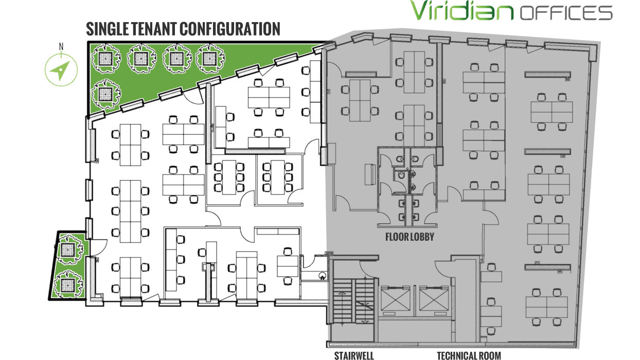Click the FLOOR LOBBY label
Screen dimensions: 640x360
click(410, 237)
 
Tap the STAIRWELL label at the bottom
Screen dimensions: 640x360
click(354, 355)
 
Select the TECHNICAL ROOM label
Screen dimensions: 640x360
click(469, 355)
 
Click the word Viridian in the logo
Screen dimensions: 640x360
click(461, 10)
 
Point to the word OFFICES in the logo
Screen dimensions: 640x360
click(566, 13)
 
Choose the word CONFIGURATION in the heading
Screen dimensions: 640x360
click(230, 29)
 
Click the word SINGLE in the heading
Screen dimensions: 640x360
click(107, 29)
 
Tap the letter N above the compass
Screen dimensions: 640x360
click(61, 47)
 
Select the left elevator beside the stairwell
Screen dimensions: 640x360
click(396, 298)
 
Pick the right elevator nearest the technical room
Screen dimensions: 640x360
click(434, 298)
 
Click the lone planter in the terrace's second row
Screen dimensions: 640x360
click(105, 94)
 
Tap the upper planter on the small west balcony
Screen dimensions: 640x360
click(69, 249)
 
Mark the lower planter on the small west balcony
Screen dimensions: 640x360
click(68, 284)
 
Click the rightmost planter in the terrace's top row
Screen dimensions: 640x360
click(210, 59)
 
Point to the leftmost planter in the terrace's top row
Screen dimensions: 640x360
click(105, 59)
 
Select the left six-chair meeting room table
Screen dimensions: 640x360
click(229, 177)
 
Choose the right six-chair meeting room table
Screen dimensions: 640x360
click(278, 177)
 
